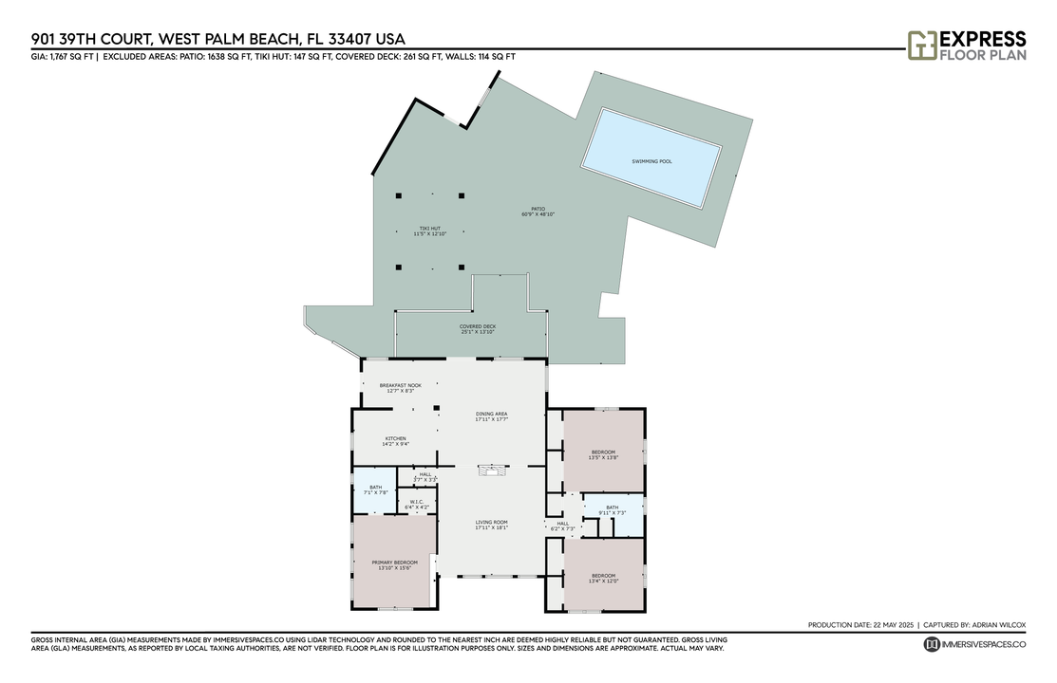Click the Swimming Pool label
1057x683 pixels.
click(651, 161)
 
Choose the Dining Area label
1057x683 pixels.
click(492, 416)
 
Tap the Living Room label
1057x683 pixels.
click(492, 525)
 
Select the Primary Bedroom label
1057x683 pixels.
click(394, 565)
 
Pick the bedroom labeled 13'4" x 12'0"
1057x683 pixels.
click(603, 578)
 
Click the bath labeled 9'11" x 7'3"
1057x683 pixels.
click(612, 510)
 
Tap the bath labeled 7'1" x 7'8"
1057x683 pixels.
click(374, 489)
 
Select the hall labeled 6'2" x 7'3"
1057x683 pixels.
click(562, 526)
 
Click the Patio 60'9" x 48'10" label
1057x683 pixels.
click(538, 212)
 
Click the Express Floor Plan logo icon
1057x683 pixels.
click(921, 46)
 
